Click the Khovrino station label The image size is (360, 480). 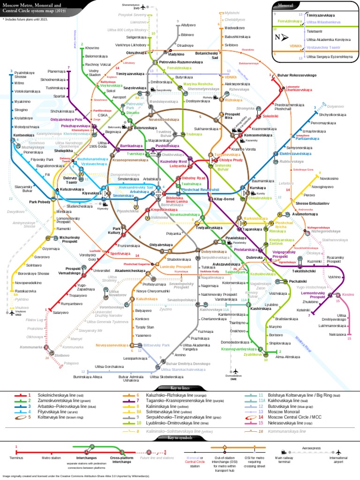tap(92, 48)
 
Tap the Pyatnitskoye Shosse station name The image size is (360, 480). tap(22, 75)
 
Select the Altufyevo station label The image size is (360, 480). tap(187, 24)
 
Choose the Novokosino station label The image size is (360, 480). tap(329, 178)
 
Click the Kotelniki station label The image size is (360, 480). tap(303, 310)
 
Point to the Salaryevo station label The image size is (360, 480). tap(61, 312)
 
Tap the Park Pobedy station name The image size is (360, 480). tap(39, 202)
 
